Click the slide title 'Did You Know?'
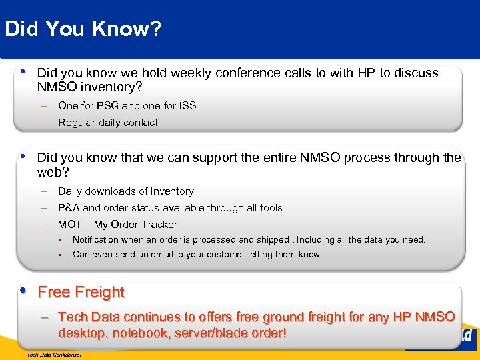coord(83,29)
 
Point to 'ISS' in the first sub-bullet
coord(187,105)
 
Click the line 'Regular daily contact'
coord(108,122)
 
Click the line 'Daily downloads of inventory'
coord(126,191)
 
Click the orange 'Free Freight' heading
coord(81,292)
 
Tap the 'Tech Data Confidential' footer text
coord(53,355)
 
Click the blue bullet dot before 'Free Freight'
coord(24,291)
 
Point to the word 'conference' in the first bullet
coord(239,73)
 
